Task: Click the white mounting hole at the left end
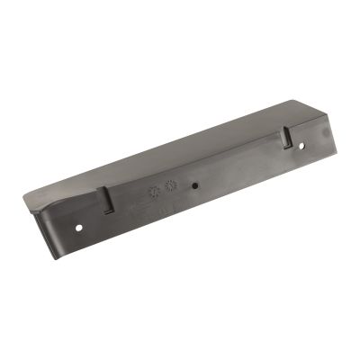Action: [79, 226]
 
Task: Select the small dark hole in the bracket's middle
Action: [194, 185]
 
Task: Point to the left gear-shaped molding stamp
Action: [154, 193]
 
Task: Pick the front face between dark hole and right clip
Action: [238, 171]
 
